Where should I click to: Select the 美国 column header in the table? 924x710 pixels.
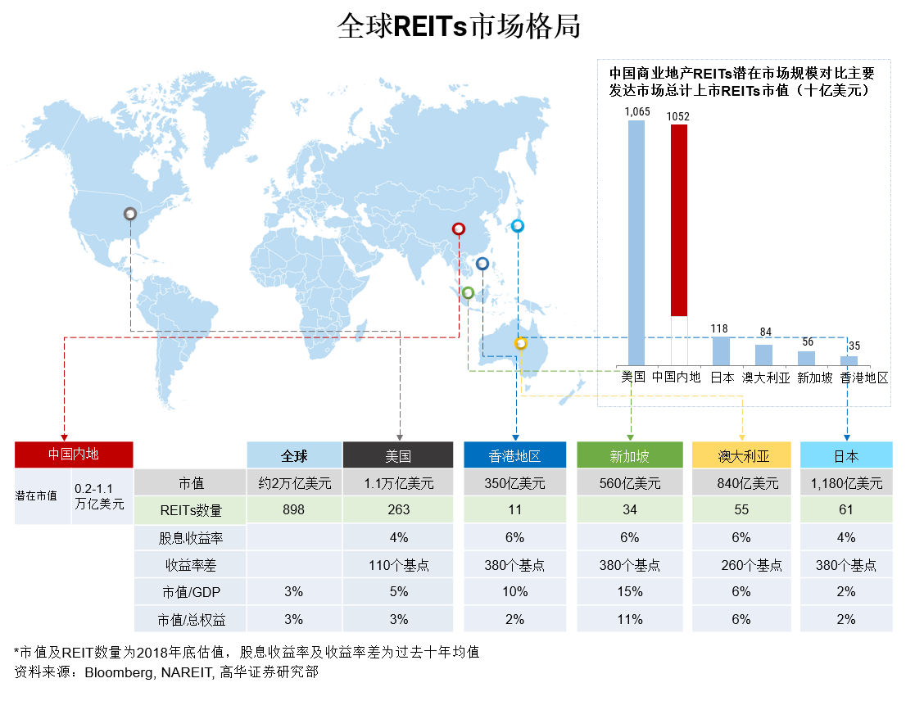397,455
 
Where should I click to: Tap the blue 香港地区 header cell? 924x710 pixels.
514,455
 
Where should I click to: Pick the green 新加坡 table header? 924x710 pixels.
629,455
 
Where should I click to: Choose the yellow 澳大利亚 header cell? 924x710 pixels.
741,455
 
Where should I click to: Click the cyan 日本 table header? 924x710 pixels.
846,455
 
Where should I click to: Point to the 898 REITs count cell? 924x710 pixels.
293,510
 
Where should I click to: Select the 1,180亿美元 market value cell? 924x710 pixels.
846,483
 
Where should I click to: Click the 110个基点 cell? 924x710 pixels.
397,565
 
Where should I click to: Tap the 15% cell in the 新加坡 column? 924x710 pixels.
629,592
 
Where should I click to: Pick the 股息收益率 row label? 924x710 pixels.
190,538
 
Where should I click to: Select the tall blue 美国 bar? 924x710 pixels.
636,242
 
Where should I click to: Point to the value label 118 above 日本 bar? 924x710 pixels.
719,329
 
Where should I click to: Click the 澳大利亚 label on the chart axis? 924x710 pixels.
765,378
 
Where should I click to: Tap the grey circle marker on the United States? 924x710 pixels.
130,214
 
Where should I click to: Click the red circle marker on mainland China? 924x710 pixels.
459,228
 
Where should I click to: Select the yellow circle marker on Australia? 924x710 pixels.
520,344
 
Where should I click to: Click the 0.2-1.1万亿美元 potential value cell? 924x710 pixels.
101,496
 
